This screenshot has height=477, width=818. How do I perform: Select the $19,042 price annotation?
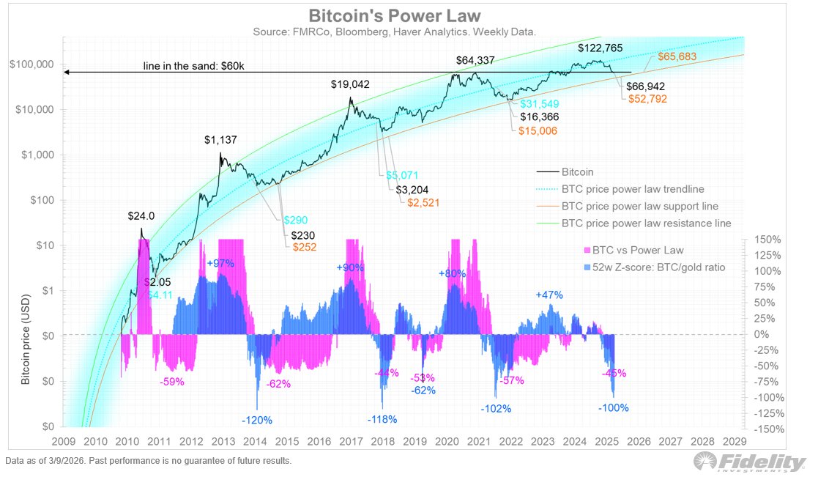tap(350, 84)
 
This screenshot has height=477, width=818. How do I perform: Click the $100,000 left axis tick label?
tap(32, 64)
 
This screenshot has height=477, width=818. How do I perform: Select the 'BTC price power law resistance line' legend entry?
tap(646, 223)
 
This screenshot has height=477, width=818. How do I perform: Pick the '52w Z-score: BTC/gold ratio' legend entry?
tap(644, 267)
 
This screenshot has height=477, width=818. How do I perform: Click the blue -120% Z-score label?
tap(257, 421)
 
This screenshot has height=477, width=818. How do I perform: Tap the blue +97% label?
tap(220, 263)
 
